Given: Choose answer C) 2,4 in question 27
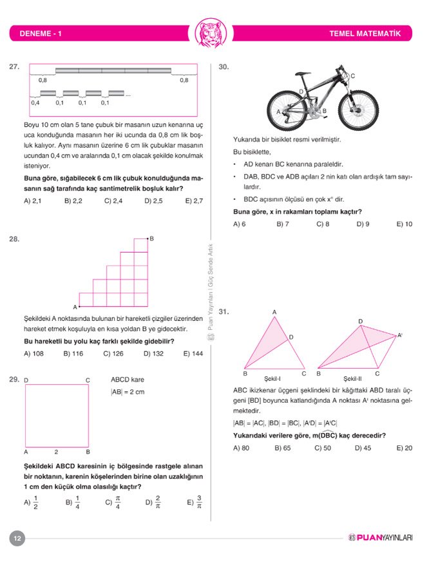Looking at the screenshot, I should click(x=113, y=200).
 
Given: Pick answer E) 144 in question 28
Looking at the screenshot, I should click(x=193, y=353).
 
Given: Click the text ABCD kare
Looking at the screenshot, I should click(x=128, y=380).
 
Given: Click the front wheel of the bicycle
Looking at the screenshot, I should click(x=357, y=109).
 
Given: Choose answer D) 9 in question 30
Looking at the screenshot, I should click(x=363, y=224).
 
